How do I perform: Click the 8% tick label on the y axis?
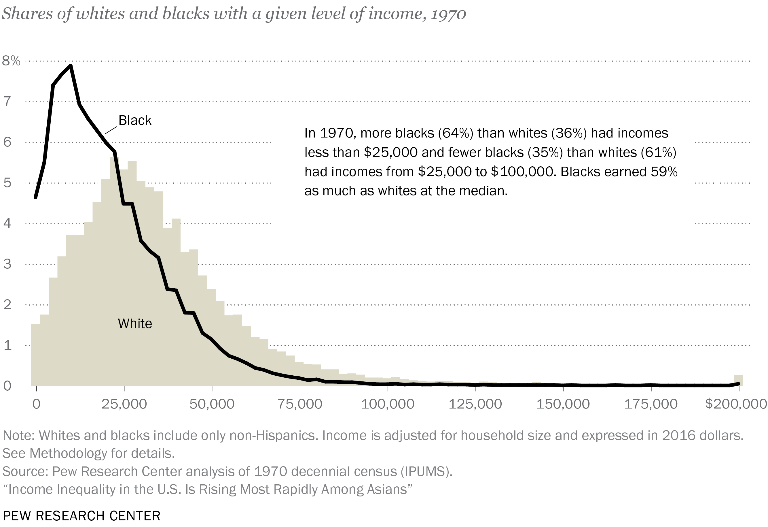point(11,61)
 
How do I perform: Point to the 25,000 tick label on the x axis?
point(124,404)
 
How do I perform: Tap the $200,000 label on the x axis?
point(736,404)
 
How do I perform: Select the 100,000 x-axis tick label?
point(387,404)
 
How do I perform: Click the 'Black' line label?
point(135,121)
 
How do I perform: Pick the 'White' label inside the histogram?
point(135,323)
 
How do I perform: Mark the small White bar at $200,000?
point(738,380)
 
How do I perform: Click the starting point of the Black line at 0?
point(36,197)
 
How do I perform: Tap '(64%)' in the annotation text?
point(456,133)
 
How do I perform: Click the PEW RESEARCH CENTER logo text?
point(81,516)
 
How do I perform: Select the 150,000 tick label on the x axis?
point(563,404)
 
